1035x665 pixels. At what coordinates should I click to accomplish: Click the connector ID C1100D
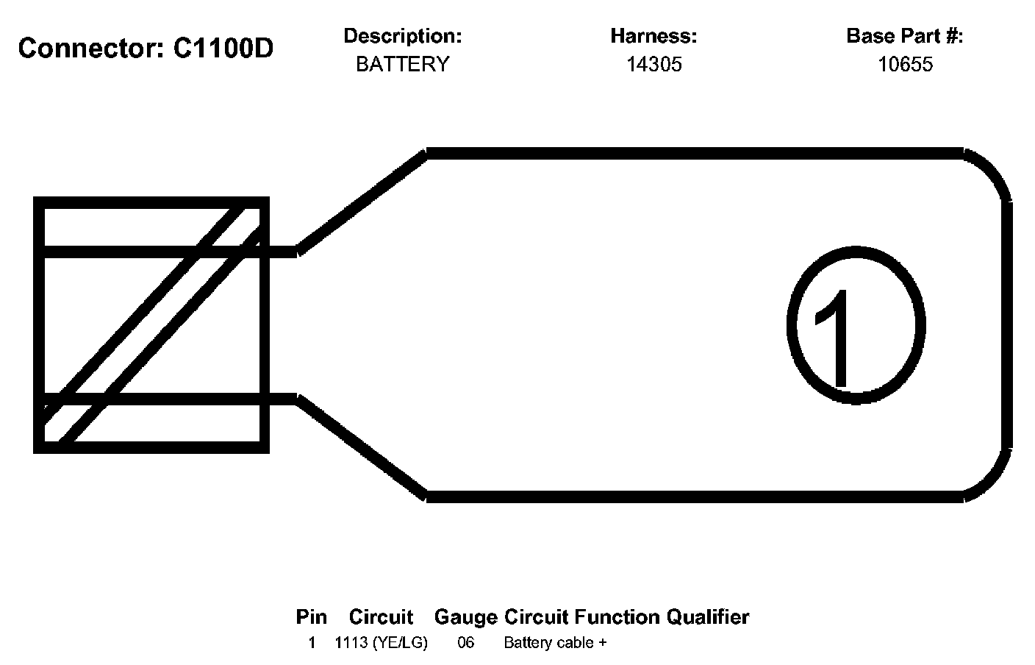click(x=223, y=49)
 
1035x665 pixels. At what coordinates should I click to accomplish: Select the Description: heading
click(x=402, y=35)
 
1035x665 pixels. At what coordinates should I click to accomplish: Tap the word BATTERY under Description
click(x=402, y=64)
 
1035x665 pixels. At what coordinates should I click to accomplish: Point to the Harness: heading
click(x=653, y=35)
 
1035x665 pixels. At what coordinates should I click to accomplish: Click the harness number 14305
click(x=653, y=64)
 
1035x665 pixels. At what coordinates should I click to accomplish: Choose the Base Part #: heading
click(x=905, y=35)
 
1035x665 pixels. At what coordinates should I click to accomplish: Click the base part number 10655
click(x=905, y=64)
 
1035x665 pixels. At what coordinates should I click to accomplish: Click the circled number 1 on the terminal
click(x=855, y=325)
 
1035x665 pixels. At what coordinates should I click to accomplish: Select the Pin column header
click(x=312, y=616)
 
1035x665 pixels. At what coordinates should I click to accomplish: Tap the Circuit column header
click(x=381, y=616)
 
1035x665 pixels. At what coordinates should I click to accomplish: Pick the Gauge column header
click(x=466, y=616)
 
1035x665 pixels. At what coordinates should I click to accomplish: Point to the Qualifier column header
click(x=707, y=616)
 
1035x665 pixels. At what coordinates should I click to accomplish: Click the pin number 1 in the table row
click(x=312, y=643)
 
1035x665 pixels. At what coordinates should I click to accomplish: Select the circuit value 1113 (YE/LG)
click(x=381, y=643)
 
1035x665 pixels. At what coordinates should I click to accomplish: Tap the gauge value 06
click(x=466, y=643)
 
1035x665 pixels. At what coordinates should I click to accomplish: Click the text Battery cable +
click(x=555, y=643)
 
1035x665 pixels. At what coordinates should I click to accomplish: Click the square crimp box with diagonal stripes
click(x=151, y=324)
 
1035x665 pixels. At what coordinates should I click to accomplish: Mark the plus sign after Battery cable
click(x=603, y=643)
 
